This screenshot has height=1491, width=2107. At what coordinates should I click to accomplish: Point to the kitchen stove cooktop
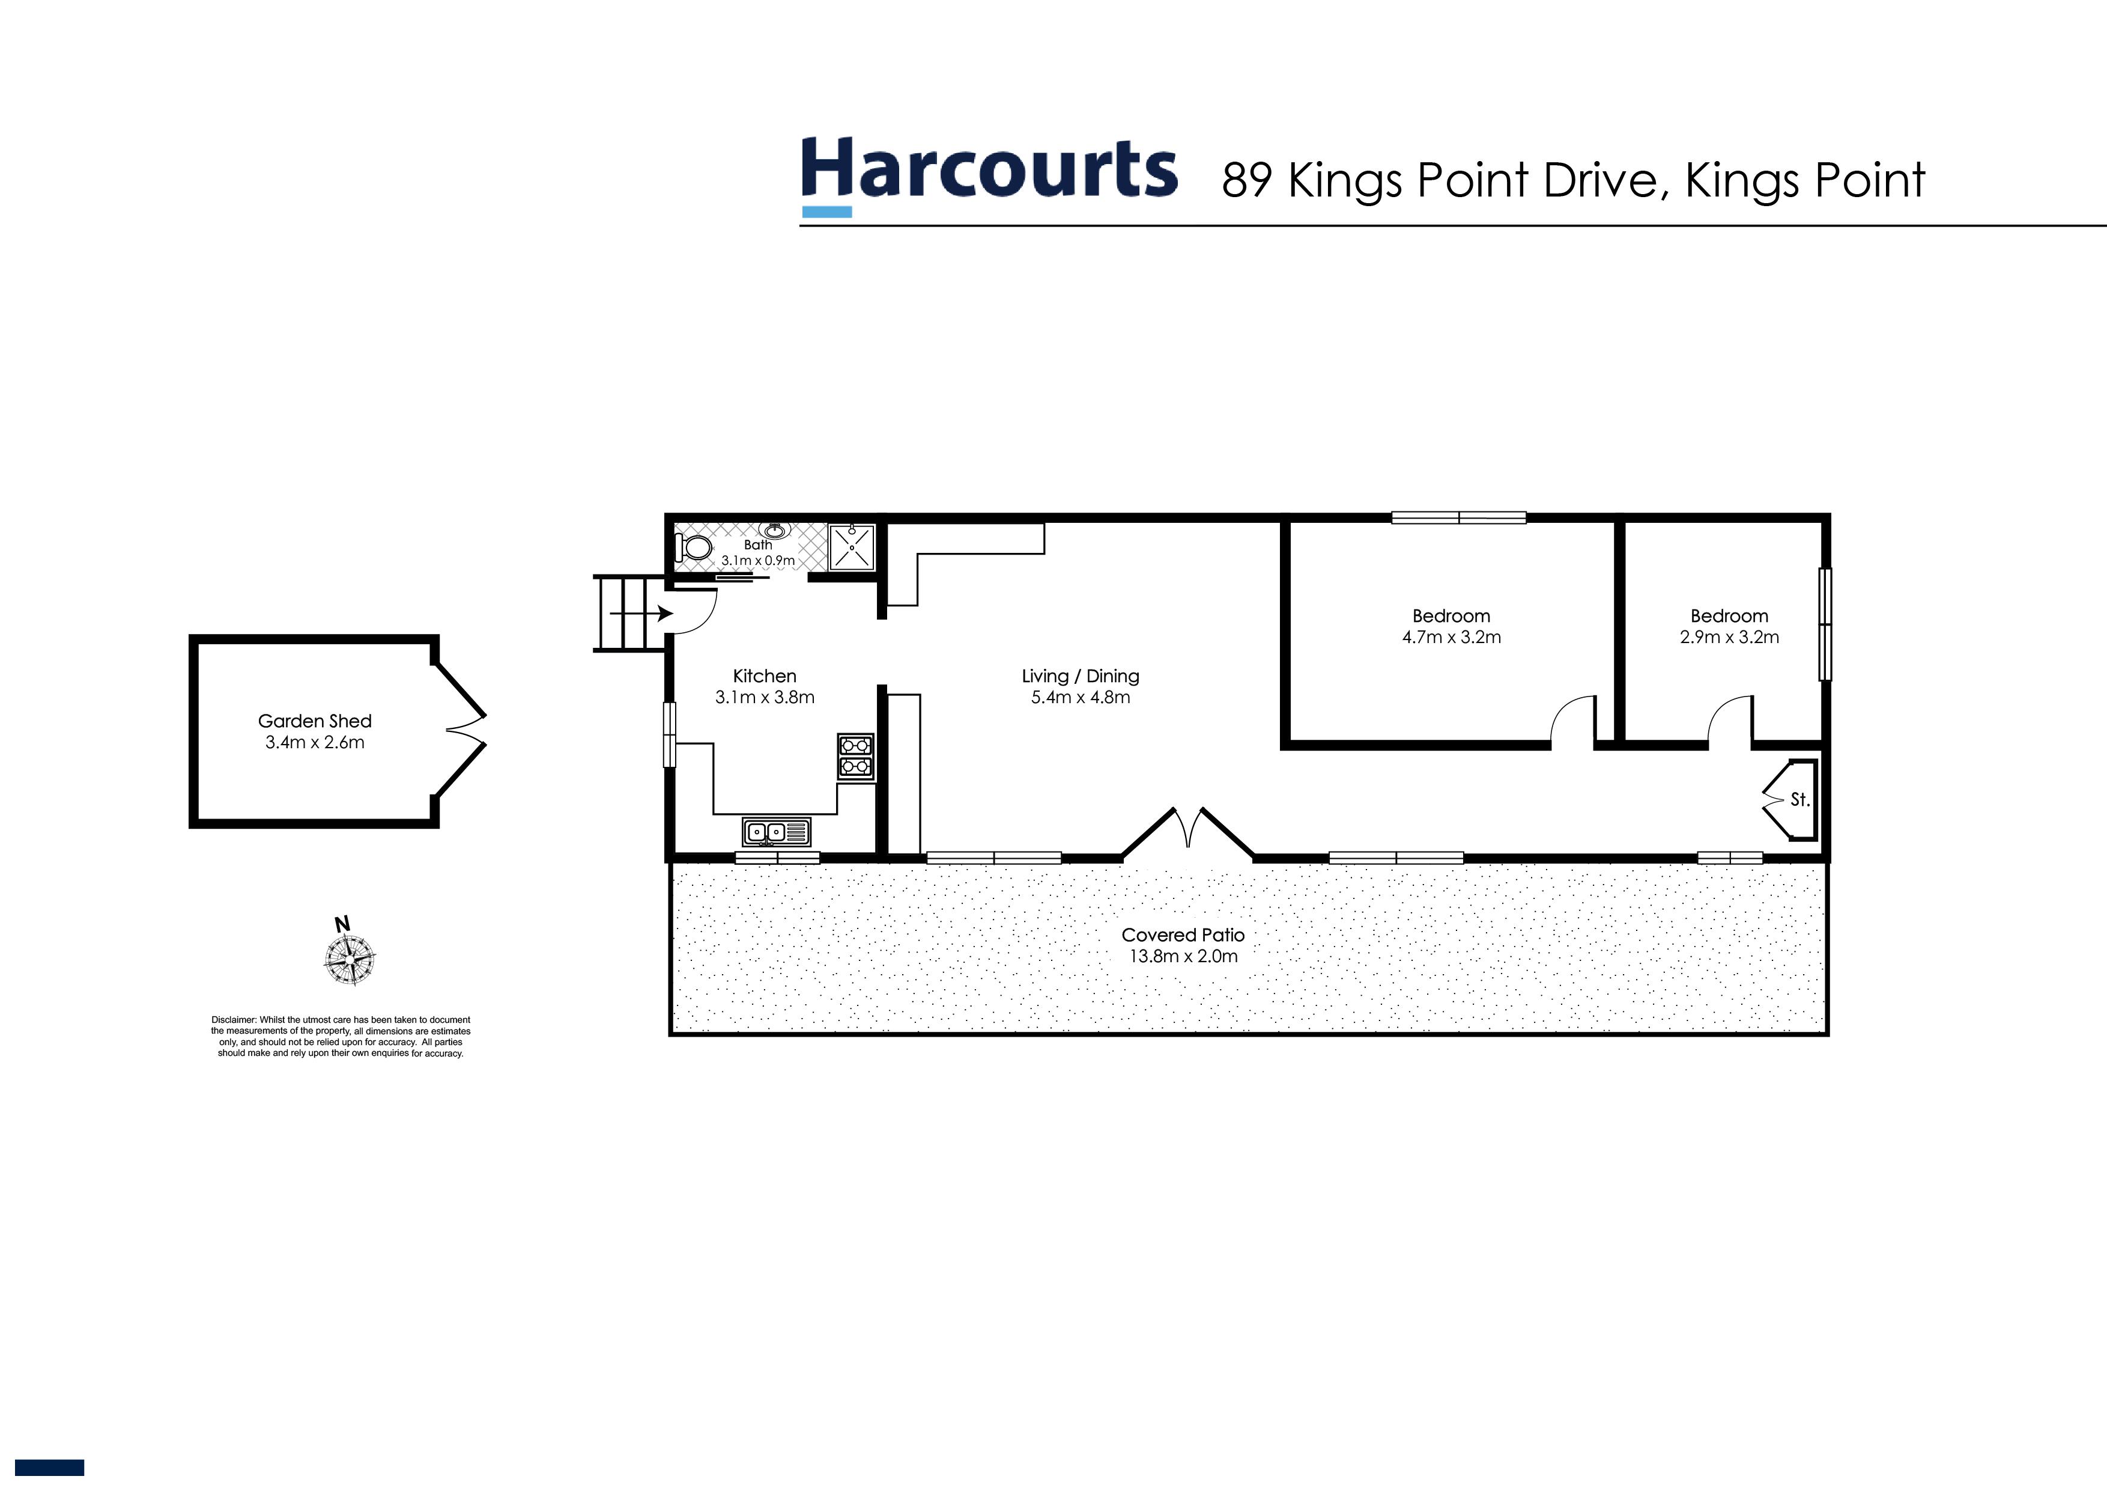click(x=855, y=757)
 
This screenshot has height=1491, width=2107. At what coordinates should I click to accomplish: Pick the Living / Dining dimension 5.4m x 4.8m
click(x=1080, y=698)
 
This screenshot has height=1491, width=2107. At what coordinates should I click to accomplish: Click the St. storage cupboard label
click(x=1799, y=800)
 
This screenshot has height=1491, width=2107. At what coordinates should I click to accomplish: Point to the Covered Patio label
click(x=1183, y=935)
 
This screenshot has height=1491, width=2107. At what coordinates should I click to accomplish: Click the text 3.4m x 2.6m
click(x=315, y=743)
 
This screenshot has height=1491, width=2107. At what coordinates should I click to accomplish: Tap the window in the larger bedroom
click(x=1458, y=519)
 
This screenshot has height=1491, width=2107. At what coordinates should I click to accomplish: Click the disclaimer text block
click(x=341, y=1037)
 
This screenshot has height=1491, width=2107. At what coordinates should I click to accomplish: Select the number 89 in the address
click(x=1246, y=181)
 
